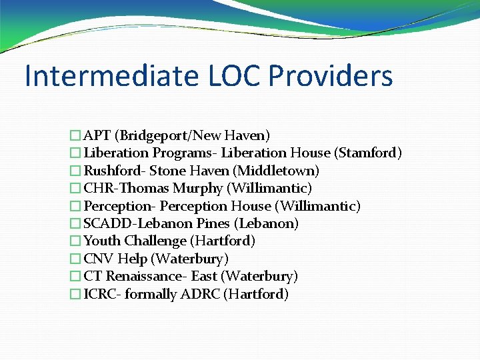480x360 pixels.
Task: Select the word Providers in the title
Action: click(331, 76)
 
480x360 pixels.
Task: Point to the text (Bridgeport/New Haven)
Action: click(193, 136)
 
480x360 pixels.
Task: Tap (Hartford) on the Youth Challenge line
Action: click(223, 241)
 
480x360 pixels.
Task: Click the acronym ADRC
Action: click(201, 294)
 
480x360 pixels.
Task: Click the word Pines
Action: click(213, 223)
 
